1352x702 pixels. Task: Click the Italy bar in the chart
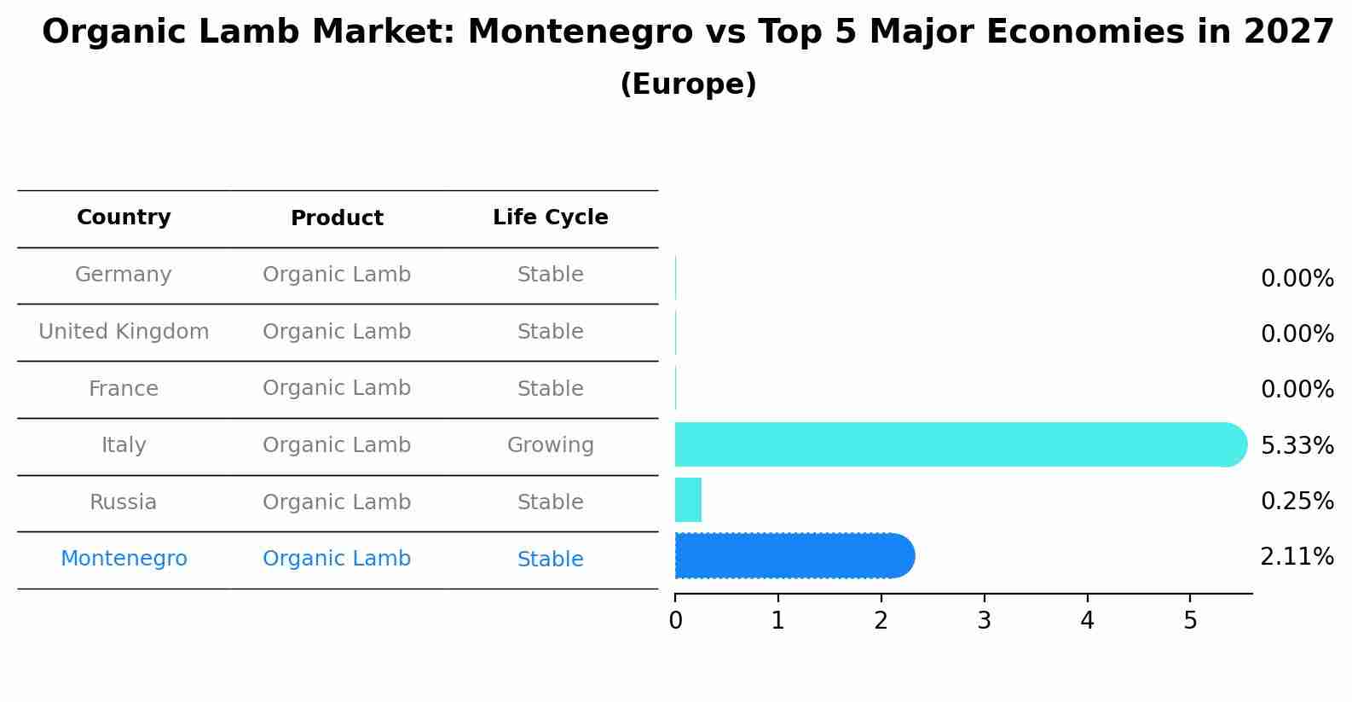tap(955, 444)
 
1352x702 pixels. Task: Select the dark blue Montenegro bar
tap(793, 556)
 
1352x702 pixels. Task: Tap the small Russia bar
tap(688, 500)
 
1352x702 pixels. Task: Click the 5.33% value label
tap(1297, 445)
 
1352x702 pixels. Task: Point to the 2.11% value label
tap(1297, 557)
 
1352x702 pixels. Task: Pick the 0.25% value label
tap(1297, 502)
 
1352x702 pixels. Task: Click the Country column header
tap(124, 218)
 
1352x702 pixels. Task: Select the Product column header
tap(337, 218)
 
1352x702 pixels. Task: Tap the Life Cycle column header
tap(550, 218)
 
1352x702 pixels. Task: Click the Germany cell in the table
tap(124, 275)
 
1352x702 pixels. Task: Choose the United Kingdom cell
tap(124, 332)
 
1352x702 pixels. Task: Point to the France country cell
tap(124, 389)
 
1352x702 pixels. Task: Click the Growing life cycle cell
tap(550, 445)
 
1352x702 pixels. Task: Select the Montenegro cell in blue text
tap(124, 559)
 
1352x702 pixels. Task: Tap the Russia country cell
tap(124, 502)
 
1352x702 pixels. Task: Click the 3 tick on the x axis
tap(984, 621)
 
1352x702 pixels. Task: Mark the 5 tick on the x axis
tap(1190, 621)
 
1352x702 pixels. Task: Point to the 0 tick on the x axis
tap(675, 621)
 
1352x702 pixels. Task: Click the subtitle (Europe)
tap(688, 84)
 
